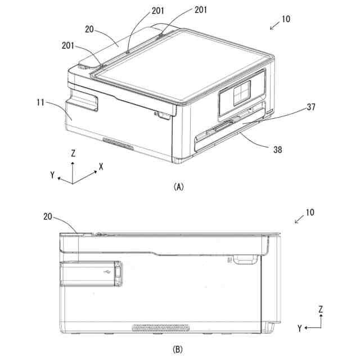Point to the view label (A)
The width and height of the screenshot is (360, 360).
[179, 186]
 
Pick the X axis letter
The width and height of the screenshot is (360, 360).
[101, 167]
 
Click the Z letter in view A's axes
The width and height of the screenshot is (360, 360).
[73, 153]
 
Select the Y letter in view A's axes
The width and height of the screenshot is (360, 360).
[52, 175]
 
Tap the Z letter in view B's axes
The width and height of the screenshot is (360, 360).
[320, 309]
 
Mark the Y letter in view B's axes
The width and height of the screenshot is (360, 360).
[300, 327]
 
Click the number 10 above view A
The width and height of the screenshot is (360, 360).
[286, 19]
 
